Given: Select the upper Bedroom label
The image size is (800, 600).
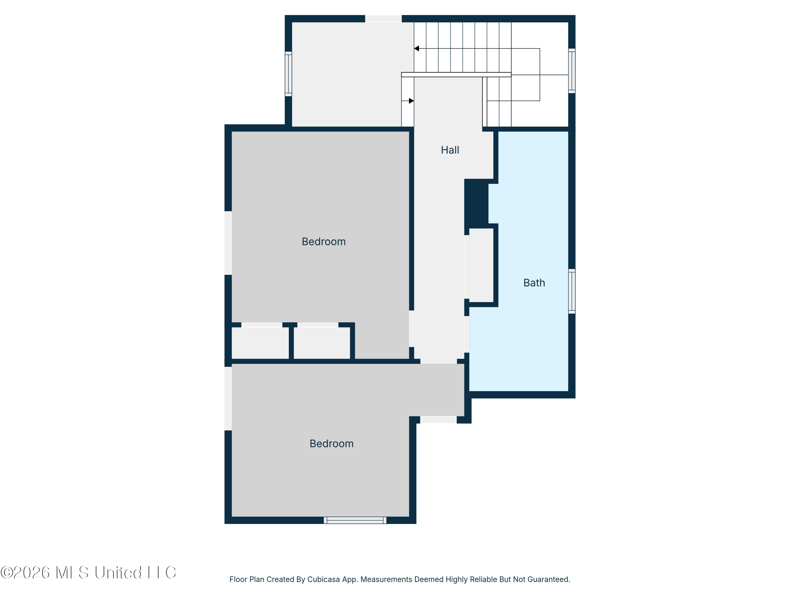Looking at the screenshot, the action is click(x=324, y=241).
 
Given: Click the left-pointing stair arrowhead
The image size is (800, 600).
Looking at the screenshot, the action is click(x=416, y=49).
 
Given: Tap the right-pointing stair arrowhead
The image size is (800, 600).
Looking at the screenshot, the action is click(x=411, y=101).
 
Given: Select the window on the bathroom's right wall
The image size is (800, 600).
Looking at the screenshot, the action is click(x=572, y=291).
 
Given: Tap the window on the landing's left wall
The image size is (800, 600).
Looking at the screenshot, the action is click(x=288, y=74).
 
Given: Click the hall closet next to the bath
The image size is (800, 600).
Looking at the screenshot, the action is click(x=481, y=265).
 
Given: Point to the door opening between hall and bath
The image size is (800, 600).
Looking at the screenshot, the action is click(x=467, y=334).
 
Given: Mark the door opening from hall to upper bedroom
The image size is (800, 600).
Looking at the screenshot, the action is click(x=411, y=329).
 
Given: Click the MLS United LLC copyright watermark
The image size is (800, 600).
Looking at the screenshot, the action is click(x=88, y=573).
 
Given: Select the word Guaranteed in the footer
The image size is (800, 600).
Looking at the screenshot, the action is click(x=549, y=579).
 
